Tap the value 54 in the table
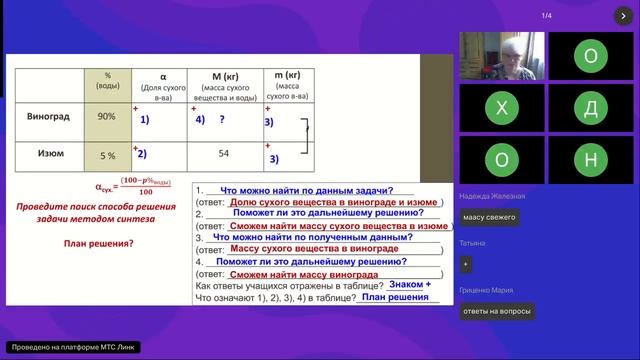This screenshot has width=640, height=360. tap(223, 153)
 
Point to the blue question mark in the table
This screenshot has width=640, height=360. tap(221, 119)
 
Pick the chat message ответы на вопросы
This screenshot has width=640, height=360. tap(497, 311)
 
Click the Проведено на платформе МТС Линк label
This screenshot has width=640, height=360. tap(71, 347)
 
